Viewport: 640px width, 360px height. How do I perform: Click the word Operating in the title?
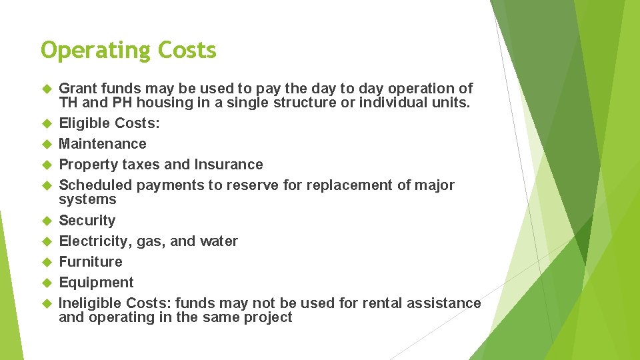pos(96,51)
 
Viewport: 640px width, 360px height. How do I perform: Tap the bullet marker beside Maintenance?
pos(46,144)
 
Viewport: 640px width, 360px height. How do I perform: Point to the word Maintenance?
pos(103,144)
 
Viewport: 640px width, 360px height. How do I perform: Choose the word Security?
pos(87,221)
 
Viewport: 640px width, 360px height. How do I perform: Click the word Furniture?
pos(91,262)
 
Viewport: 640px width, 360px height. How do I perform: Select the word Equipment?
pos(97,283)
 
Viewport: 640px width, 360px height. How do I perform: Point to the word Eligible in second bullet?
pos(85,123)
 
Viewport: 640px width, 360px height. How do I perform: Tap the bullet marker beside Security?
pos(46,221)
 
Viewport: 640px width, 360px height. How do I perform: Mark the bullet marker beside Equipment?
pos(46,283)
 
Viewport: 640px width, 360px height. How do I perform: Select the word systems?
pos(87,199)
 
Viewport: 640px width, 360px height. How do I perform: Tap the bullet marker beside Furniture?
pos(46,262)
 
